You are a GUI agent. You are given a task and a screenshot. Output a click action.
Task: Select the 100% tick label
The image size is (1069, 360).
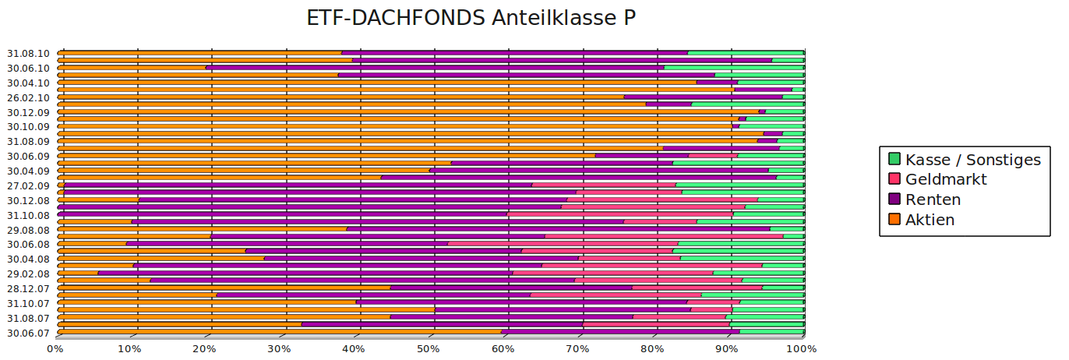tap(801, 348)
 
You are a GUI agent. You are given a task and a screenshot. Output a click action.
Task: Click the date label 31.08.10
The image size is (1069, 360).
tap(28, 54)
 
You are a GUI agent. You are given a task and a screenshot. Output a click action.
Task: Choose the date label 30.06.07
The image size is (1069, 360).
tap(28, 334)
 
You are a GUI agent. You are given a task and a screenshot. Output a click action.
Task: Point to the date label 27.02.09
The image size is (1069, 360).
tap(28, 186)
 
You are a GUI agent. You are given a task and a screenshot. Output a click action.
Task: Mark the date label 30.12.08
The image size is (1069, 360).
tap(28, 200)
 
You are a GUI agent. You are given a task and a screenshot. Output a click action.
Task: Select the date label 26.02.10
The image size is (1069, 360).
tap(28, 97)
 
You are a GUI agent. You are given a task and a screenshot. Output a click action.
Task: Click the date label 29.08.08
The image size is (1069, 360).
tap(28, 230)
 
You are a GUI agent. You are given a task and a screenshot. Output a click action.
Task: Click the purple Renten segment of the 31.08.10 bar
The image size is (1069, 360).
tap(514, 53)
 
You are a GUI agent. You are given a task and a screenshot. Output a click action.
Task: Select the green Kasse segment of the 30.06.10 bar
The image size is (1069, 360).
tap(734, 68)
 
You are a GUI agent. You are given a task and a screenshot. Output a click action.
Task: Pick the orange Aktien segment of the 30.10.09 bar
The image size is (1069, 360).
tap(390, 126)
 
